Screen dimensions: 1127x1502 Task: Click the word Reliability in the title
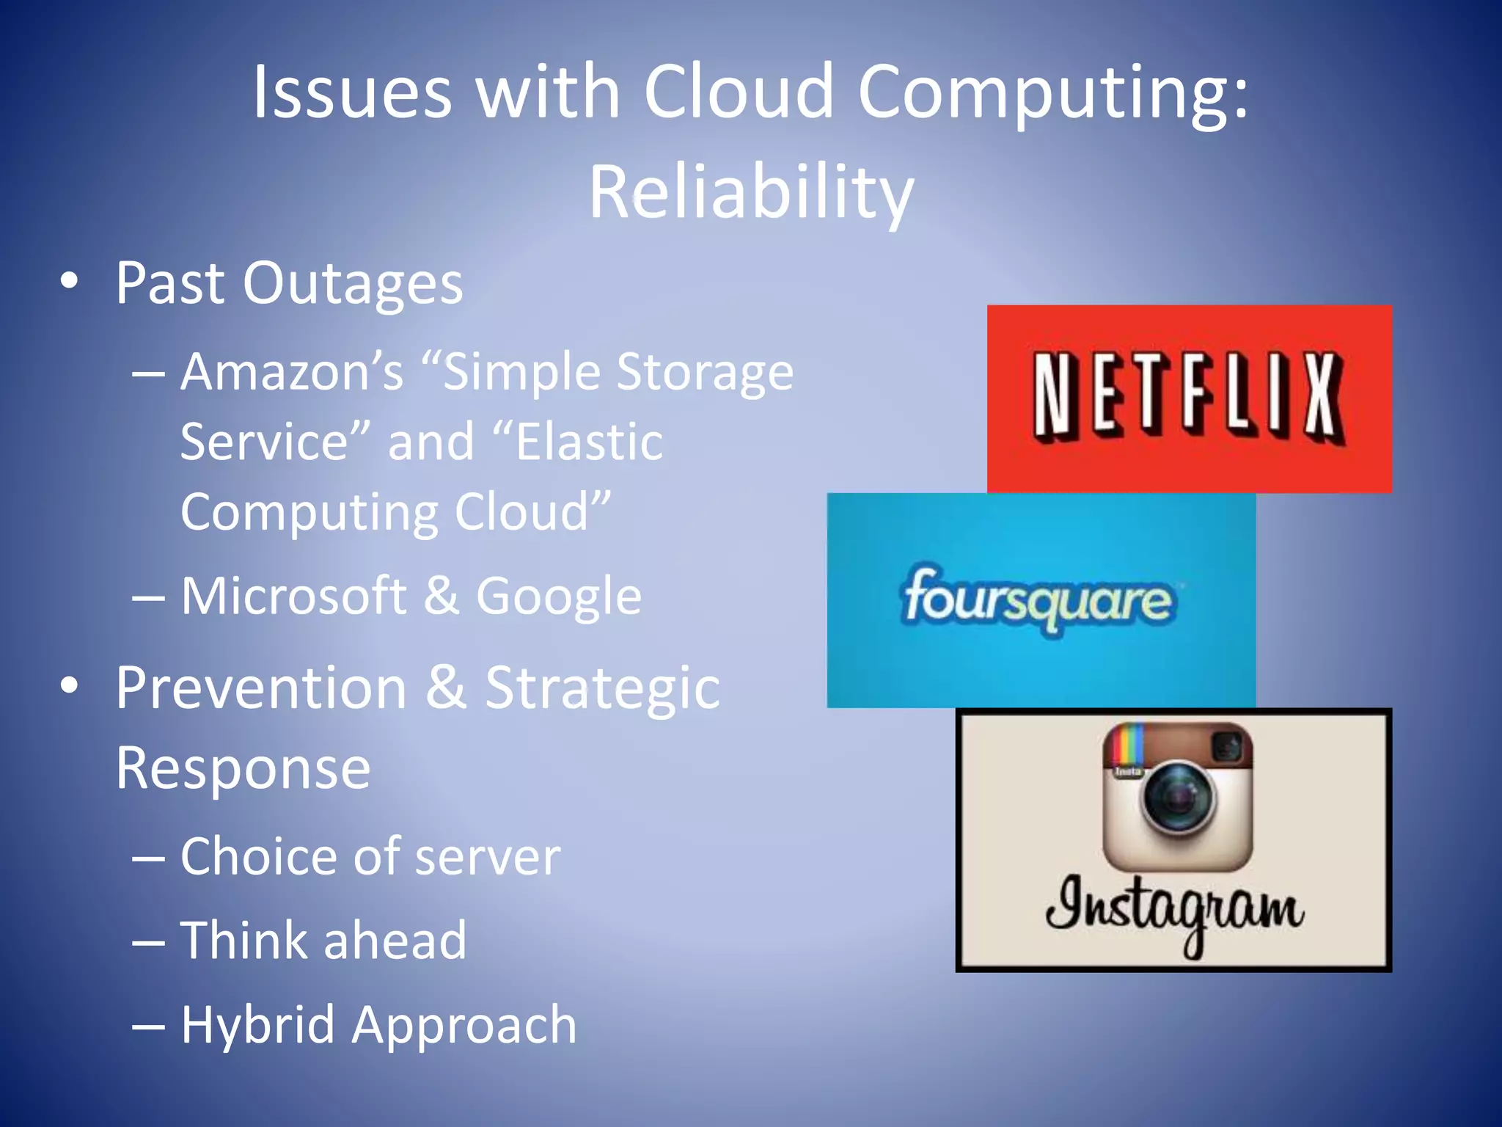pyautogui.click(x=751, y=192)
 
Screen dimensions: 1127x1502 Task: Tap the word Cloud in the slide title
pyautogui.click(x=739, y=92)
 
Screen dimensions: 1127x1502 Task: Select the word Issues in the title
pyautogui.click(x=352, y=92)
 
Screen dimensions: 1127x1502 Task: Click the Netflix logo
pyautogui.click(x=1189, y=398)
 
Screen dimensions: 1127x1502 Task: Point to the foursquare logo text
pyautogui.click(x=1038, y=599)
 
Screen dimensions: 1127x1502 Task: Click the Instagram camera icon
pyautogui.click(x=1178, y=797)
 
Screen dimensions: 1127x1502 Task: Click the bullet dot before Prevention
pyautogui.click(x=70, y=685)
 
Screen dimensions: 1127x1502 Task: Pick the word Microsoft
pyautogui.click(x=293, y=595)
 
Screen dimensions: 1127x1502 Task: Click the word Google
pyautogui.click(x=559, y=595)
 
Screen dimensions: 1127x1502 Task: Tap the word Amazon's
pyautogui.click(x=292, y=371)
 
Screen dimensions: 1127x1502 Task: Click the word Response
pyautogui.click(x=243, y=768)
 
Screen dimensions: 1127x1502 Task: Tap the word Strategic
pyautogui.click(x=602, y=687)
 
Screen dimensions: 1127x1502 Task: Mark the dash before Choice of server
pyautogui.click(x=148, y=857)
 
